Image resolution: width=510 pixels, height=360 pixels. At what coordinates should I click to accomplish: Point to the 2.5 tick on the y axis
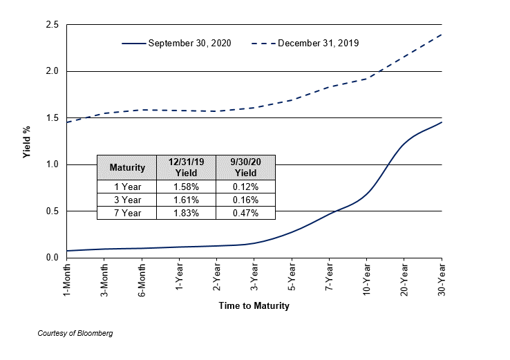click(51, 25)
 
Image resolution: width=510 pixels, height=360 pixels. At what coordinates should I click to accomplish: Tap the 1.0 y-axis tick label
click(51, 164)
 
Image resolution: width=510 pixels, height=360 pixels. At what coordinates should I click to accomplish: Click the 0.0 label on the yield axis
click(51, 258)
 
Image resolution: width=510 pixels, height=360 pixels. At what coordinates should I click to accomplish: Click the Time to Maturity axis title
click(254, 305)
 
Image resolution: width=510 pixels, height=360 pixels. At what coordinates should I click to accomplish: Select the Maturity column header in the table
click(127, 167)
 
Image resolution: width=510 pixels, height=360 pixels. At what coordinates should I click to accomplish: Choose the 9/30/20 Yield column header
click(245, 167)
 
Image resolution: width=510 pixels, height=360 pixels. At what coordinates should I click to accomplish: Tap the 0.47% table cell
click(245, 213)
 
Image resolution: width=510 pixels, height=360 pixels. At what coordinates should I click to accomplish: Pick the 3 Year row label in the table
click(127, 200)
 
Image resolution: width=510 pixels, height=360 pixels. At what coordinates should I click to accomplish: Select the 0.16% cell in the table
click(245, 200)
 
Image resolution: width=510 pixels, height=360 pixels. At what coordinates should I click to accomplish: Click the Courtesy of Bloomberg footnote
click(75, 333)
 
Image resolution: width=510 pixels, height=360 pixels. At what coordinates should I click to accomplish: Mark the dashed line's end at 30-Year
click(442, 35)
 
